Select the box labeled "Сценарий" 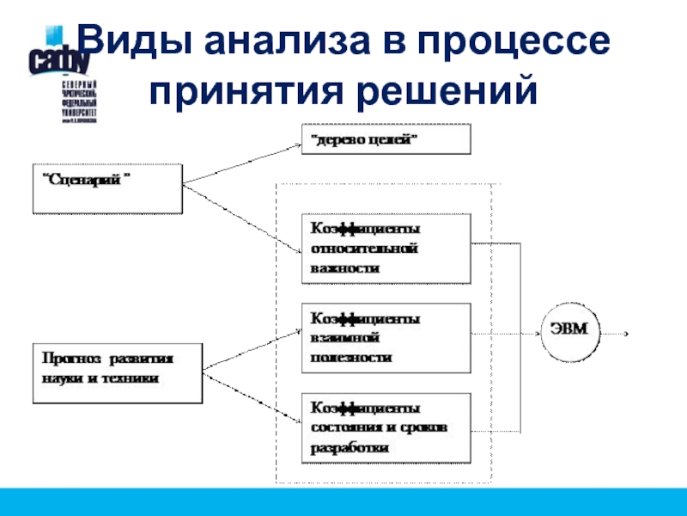click(x=107, y=188)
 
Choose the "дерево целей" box click(x=386, y=138)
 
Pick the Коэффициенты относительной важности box click(x=386, y=249)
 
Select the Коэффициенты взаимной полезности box click(x=386, y=336)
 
